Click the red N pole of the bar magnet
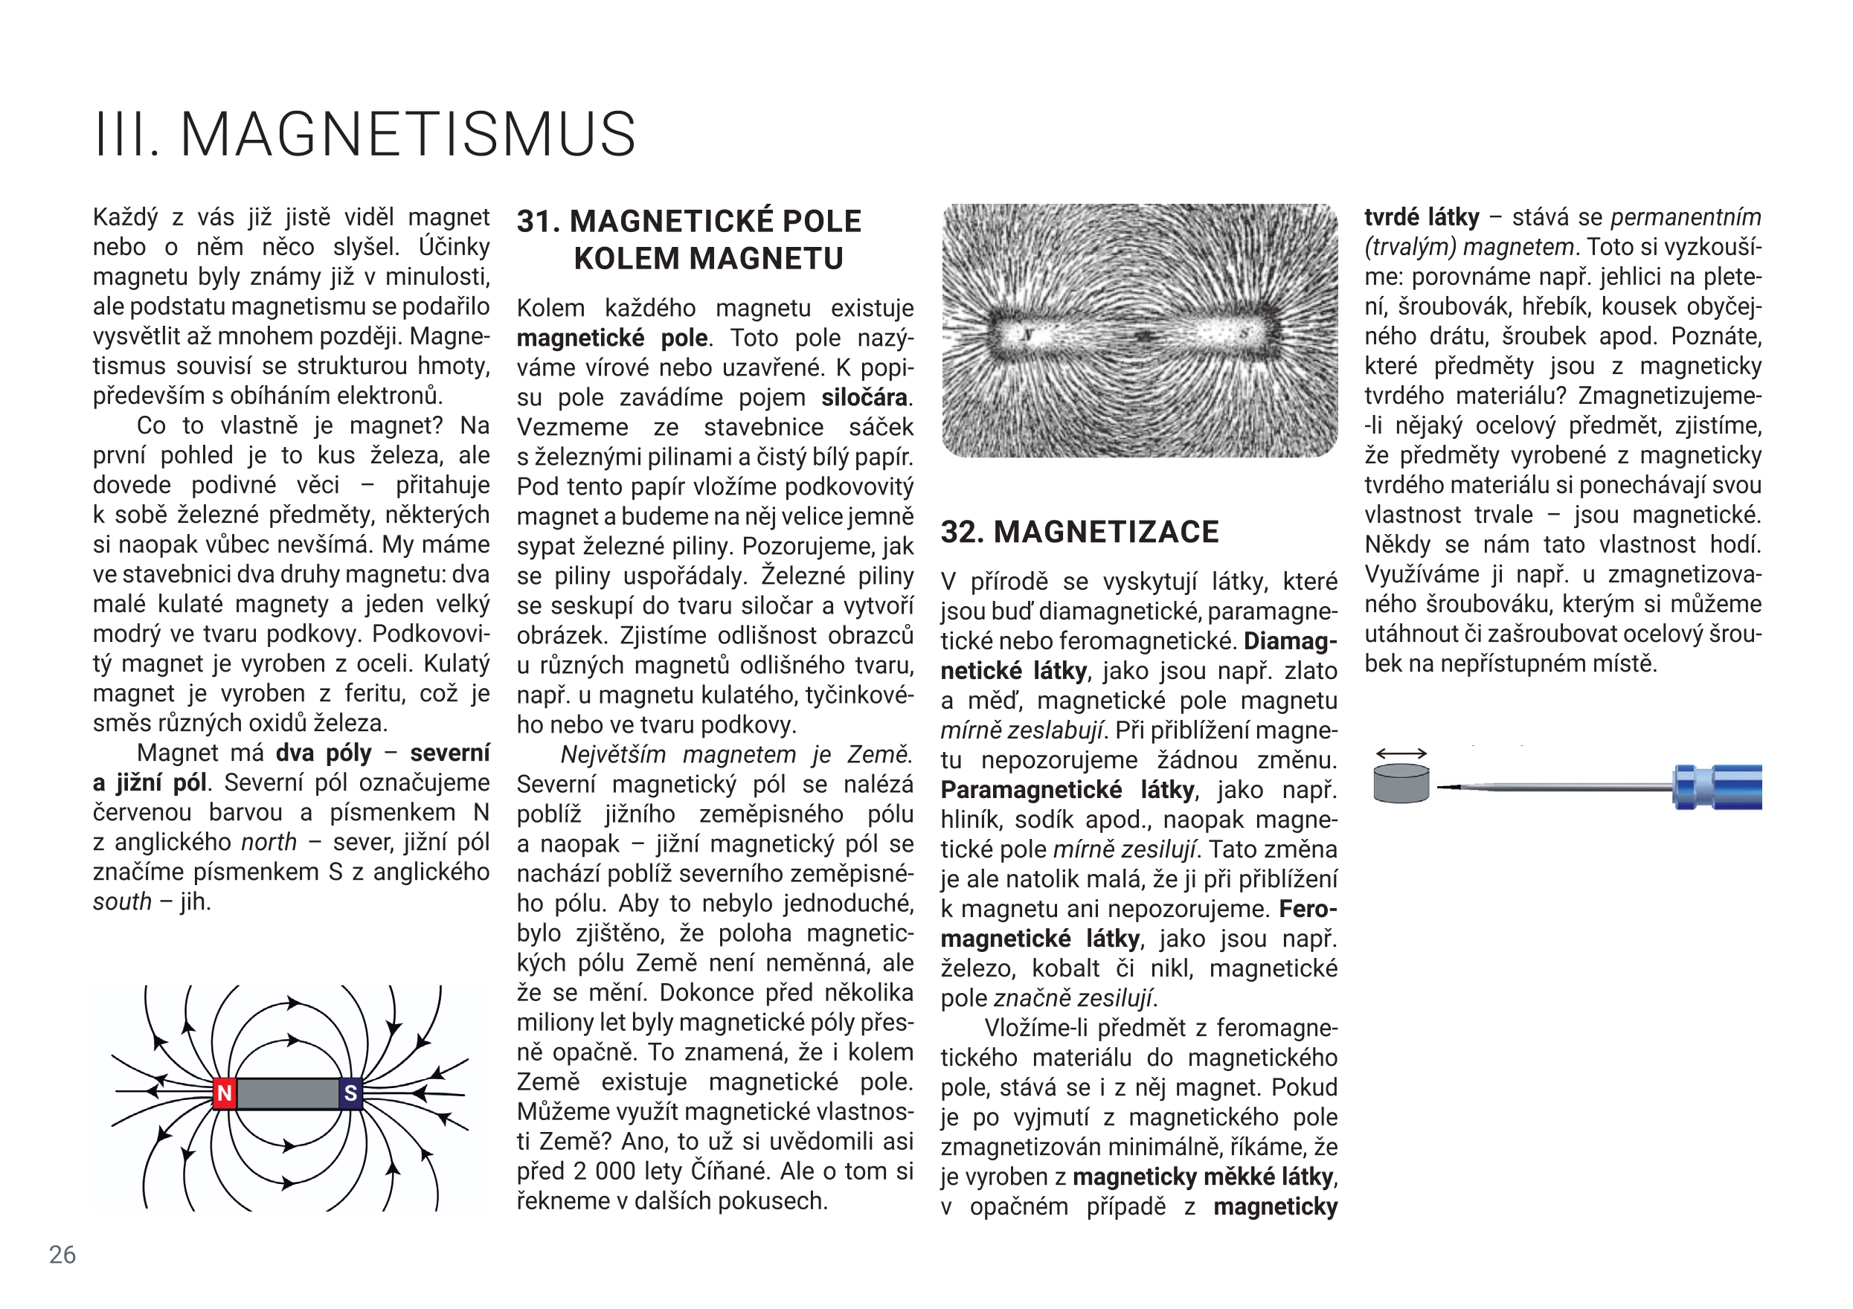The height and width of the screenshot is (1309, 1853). coord(225,1093)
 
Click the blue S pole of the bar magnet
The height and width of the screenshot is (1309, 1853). coord(350,1093)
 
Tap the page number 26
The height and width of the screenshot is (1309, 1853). coord(62,1254)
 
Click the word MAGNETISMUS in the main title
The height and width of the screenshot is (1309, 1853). coord(408,134)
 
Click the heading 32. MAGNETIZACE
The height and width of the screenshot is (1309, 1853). coord(1080,532)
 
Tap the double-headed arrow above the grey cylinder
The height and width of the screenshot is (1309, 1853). coord(1402,753)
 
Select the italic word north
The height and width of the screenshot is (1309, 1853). coord(269,843)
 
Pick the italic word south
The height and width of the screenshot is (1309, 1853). coord(122,901)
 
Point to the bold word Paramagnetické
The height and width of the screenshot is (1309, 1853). coord(1030,789)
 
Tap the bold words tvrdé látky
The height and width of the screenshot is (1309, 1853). coord(1422,217)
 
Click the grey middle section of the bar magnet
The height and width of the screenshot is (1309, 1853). coord(287,1093)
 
